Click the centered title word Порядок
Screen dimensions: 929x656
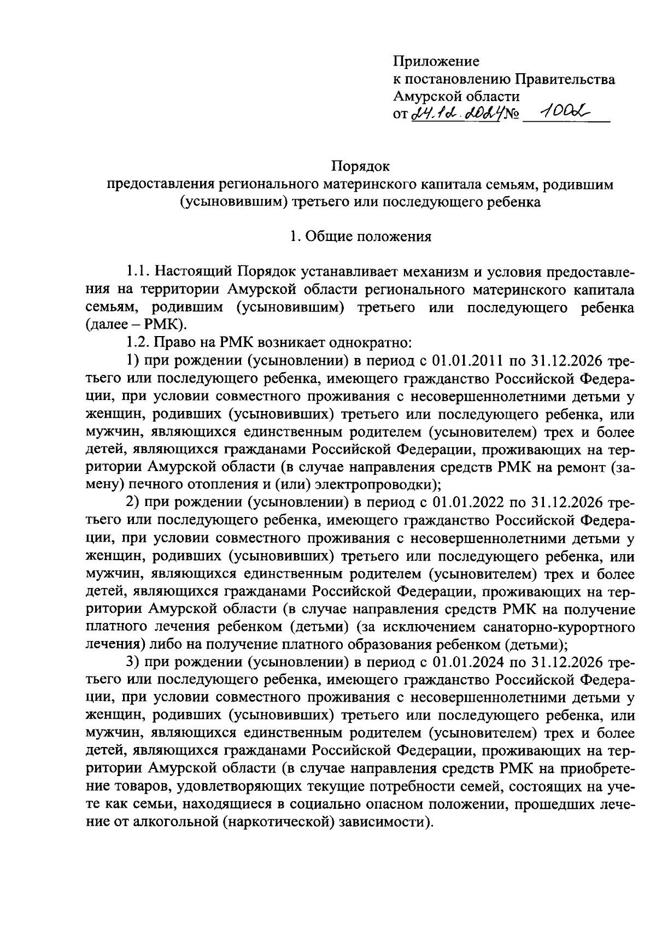tap(361, 165)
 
